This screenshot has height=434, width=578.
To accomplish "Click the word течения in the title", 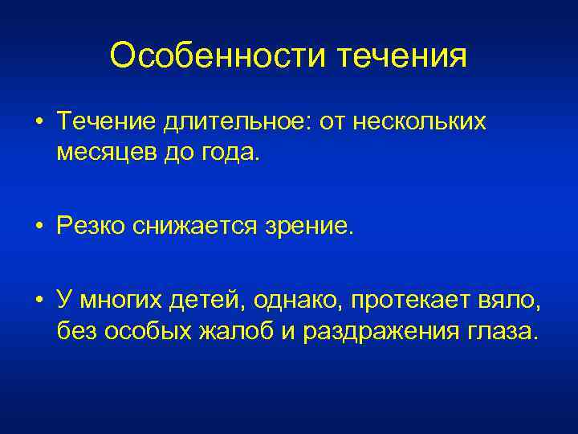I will pyautogui.click(x=400, y=55).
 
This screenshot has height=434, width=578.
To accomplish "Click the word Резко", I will pyautogui.click(x=90, y=226).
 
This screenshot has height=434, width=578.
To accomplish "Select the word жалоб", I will pyautogui.click(x=233, y=330).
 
